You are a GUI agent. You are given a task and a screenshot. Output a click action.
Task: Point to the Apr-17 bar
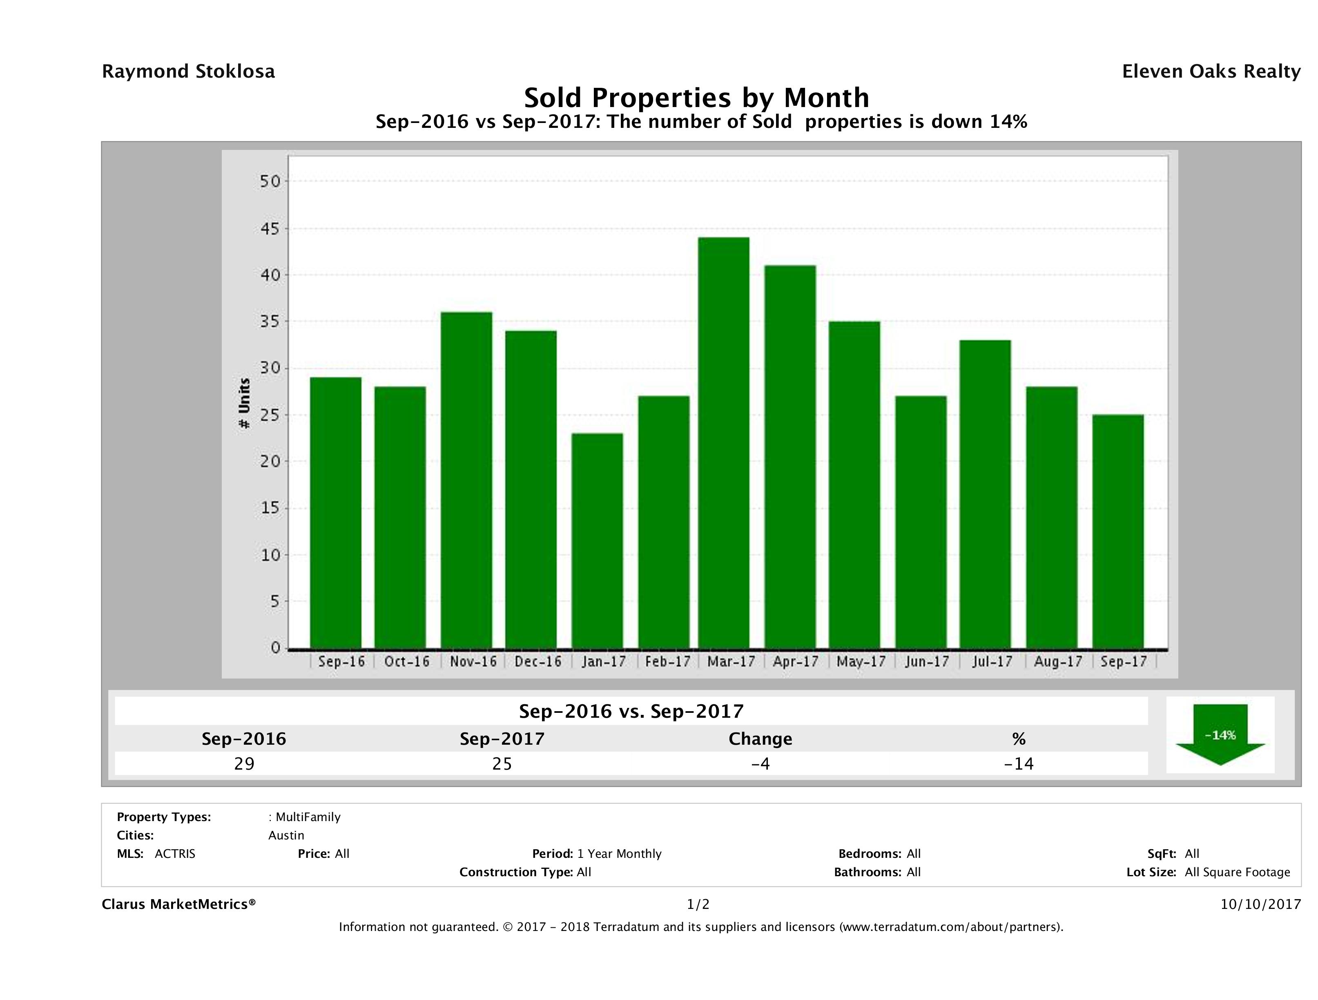[x=790, y=457]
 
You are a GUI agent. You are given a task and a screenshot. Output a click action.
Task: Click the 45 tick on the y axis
[x=270, y=229]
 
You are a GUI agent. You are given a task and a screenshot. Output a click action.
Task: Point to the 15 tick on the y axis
[x=270, y=508]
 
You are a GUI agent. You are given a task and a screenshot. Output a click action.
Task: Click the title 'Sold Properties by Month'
[x=696, y=97]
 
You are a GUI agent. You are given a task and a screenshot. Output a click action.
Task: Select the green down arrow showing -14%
[x=1220, y=735]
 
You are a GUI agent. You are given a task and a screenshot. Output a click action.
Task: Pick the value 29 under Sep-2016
[x=244, y=763]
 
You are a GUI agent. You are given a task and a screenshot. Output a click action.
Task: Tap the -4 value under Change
[x=760, y=763]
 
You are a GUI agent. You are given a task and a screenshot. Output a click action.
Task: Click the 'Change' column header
[x=760, y=739]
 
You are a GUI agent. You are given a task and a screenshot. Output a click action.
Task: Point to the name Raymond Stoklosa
[x=188, y=71]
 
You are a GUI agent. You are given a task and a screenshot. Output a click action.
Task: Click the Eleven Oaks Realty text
[x=1211, y=71]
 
